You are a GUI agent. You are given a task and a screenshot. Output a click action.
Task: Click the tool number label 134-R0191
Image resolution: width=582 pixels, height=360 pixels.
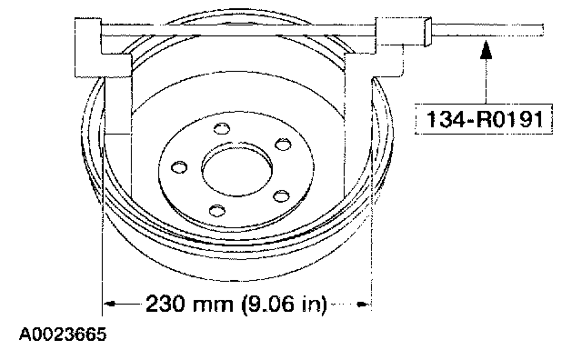pyautogui.click(x=484, y=119)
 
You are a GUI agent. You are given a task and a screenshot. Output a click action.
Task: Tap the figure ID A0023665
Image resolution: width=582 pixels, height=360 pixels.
pyautogui.click(x=63, y=334)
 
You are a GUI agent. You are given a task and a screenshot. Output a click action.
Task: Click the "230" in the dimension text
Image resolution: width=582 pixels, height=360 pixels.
pyautogui.click(x=165, y=304)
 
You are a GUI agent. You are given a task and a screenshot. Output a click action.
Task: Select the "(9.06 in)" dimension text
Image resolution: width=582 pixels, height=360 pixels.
pyautogui.click(x=285, y=305)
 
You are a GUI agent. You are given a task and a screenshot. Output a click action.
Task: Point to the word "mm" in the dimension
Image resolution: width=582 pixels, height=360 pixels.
pyautogui.click(x=213, y=305)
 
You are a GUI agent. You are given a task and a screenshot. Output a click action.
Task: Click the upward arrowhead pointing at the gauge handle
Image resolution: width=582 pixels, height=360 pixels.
pyautogui.click(x=486, y=49)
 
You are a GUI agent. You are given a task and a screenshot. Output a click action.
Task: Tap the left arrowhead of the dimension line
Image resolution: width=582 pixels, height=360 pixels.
pyautogui.click(x=110, y=304)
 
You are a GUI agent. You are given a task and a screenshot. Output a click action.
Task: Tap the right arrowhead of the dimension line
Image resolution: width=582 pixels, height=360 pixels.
pyautogui.click(x=362, y=305)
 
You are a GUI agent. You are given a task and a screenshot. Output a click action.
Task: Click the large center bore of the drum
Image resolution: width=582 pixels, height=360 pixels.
pyautogui.click(x=236, y=169)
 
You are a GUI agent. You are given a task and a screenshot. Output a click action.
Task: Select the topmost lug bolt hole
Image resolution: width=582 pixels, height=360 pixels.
pyautogui.click(x=222, y=128)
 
